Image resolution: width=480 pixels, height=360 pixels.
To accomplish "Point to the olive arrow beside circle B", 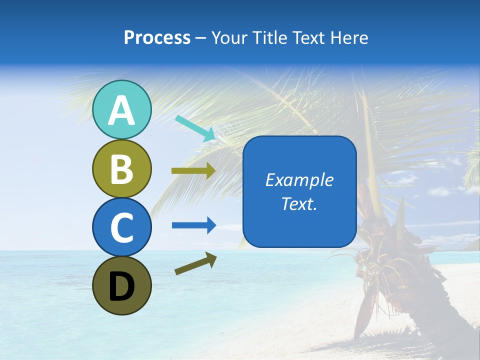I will pos(193,171).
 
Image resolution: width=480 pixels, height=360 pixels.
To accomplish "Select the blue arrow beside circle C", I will pos(194,225).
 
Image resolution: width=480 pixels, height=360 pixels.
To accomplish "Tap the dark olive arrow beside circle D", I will pos(195,263).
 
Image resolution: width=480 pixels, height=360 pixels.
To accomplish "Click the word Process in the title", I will pos(157,38).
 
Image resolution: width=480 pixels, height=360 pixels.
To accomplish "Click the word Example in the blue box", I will pos(299,180).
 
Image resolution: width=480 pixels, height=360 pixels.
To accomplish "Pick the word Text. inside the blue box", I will pos(299,203).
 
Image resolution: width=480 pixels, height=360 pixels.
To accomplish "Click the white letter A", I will pos(121,111).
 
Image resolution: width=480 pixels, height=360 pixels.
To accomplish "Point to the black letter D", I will pos(121,287).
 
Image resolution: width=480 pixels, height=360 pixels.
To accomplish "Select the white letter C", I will pos(121,227).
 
